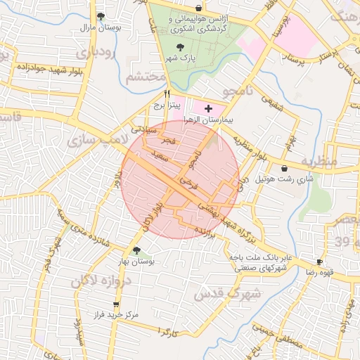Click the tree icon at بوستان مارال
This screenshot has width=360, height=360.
101,16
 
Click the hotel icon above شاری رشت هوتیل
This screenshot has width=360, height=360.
284,169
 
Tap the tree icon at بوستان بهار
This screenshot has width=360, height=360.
136,251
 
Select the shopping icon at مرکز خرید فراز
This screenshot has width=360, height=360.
116,304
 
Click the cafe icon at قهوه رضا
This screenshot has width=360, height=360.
320,262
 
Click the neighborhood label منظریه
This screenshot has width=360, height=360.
319,161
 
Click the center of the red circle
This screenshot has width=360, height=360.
181,179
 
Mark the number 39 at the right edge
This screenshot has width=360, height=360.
342,243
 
